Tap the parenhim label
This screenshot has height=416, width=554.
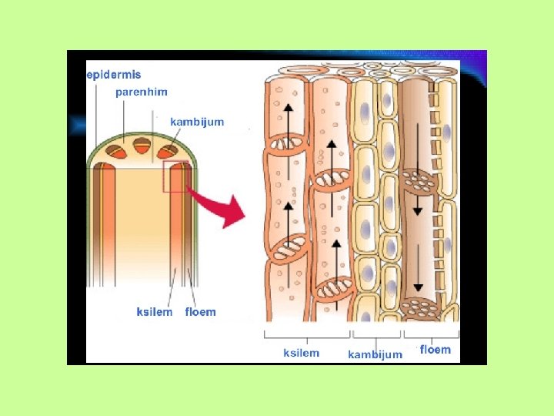tap(142, 92)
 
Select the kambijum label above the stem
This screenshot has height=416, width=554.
tap(197, 122)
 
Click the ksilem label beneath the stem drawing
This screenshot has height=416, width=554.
tap(155, 312)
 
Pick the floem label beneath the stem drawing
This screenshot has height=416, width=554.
tap(201, 312)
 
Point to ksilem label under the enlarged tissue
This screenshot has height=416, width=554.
tap(302, 352)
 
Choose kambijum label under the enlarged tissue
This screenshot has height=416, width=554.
tap(375, 354)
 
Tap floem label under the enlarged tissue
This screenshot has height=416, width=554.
tap(435, 350)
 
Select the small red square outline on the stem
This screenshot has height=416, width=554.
tap(175, 176)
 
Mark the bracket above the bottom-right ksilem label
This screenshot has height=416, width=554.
tap(306, 335)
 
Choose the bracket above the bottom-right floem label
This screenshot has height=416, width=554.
tap(432, 335)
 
